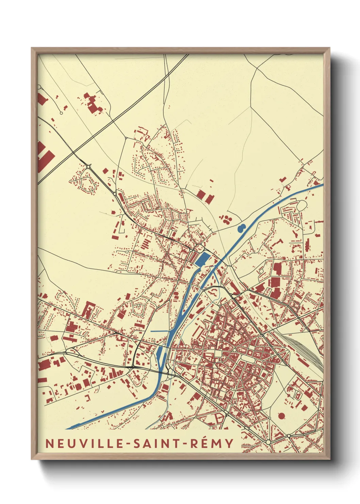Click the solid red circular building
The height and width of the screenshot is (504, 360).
point(281,415)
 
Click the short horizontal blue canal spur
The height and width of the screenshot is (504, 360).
point(159,331)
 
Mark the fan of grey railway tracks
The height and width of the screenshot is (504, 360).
point(308,351)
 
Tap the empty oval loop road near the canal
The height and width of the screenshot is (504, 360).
point(302,205)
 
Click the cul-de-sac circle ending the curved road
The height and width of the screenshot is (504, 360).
point(61,113)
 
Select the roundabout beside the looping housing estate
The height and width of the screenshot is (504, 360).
point(89,167)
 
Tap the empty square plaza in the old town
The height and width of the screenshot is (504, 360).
point(224,354)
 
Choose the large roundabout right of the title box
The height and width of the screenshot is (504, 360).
point(268,442)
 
